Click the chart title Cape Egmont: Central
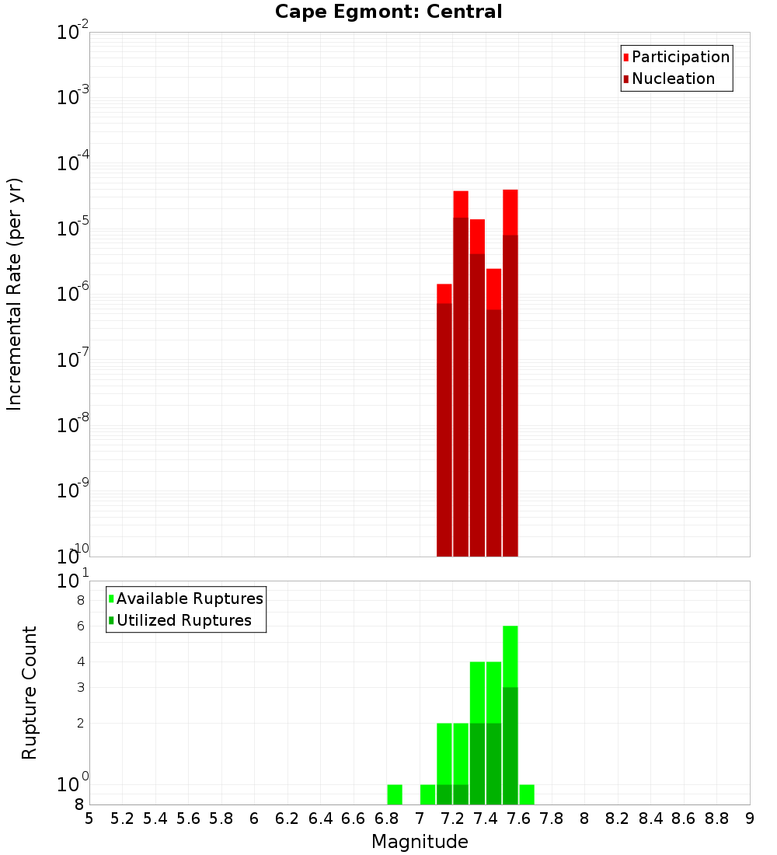(388, 12)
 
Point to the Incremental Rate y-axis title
(15, 295)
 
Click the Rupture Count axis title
(30, 693)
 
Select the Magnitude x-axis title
(420, 842)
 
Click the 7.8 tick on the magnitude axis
(552, 818)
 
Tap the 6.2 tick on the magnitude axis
(287, 818)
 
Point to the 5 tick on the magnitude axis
(89, 818)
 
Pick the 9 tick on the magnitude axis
(750, 818)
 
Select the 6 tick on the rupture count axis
(79, 626)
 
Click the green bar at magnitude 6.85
(395, 794)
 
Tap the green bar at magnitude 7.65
(527, 794)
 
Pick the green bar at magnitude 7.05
(427, 794)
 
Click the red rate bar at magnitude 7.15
(444, 427)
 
